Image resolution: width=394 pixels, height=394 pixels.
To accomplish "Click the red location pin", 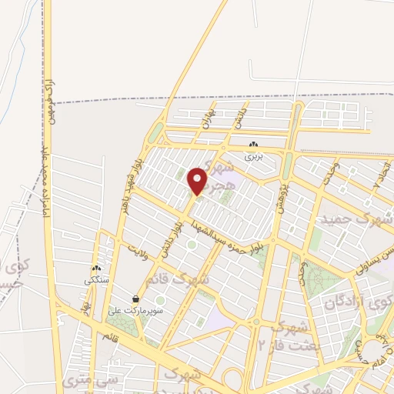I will coord(198,181).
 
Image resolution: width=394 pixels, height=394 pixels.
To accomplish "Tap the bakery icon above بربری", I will coord(254,145).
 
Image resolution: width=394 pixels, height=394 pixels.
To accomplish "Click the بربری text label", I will coord(254,155).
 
